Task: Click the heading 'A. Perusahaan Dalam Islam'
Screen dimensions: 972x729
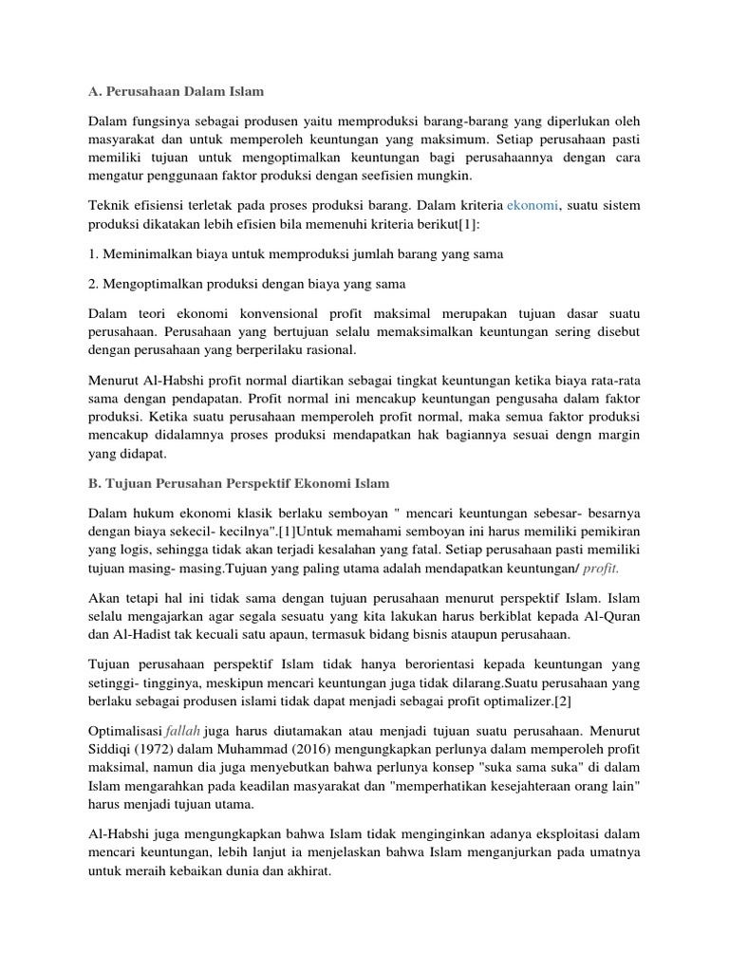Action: [x=177, y=91]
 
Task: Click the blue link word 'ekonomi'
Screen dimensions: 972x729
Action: [x=534, y=204]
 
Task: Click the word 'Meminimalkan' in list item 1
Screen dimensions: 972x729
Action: [x=152, y=254]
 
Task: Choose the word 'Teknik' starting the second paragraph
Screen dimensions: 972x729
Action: [x=108, y=204]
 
